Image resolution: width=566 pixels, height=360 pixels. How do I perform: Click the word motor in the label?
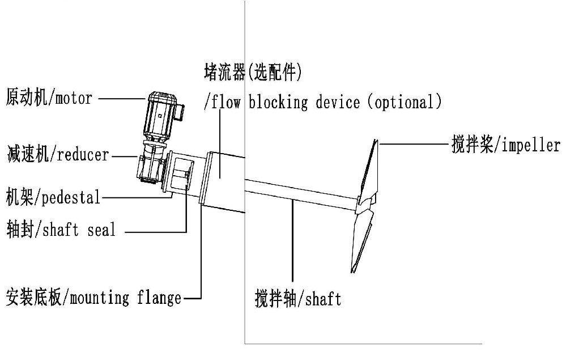pyautogui.click(x=73, y=98)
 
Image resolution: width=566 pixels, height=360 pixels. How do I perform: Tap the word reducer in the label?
pyautogui.click(x=82, y=154)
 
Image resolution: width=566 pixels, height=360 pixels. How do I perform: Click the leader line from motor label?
pyautogui.click(x=122, y=98)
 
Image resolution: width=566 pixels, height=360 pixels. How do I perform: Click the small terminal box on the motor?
pyautogui.click(x=180, y=110)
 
